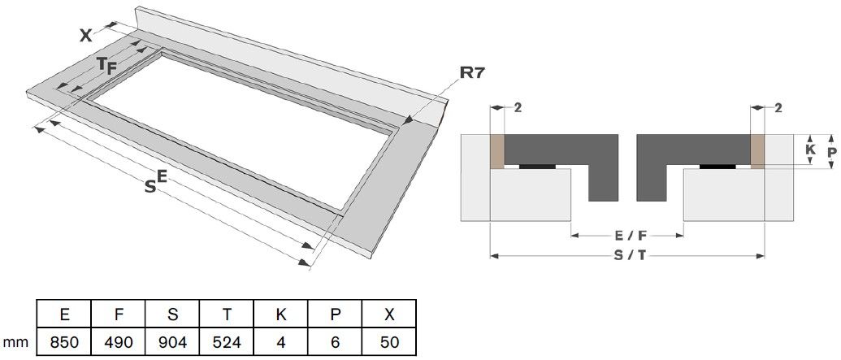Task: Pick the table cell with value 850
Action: pos(63,341)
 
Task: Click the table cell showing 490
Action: pos(118,341)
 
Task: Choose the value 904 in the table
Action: pos(172,341)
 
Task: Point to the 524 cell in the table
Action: pos(227,341)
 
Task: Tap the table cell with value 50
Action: pos(390,341)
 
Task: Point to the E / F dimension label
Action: pos(626,236)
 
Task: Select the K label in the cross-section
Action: pos(809,150)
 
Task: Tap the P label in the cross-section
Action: pos(830,152)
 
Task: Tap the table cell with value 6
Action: pos(336,341)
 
